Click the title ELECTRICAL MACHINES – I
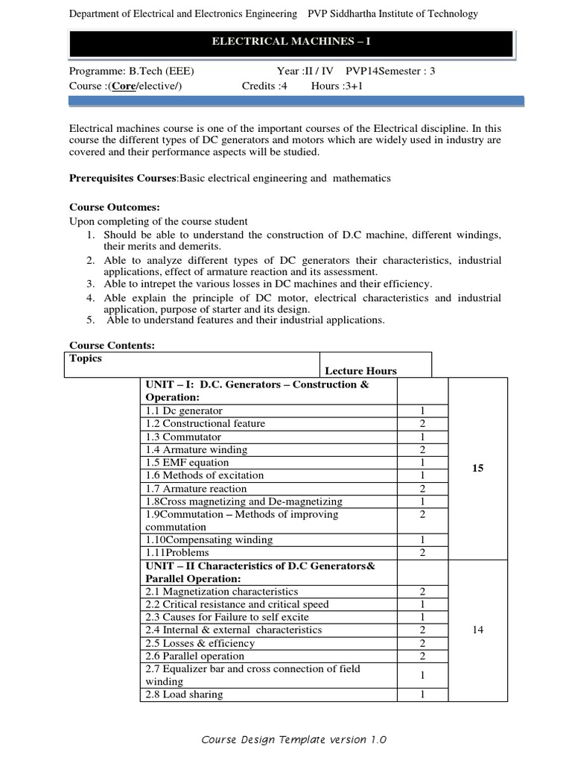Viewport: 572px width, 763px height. (290, 43)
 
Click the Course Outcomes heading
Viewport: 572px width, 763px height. (115, 207)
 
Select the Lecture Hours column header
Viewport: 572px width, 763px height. (360, 370)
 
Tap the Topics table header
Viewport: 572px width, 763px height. (86, 358)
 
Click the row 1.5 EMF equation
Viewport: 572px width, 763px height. (182, 463)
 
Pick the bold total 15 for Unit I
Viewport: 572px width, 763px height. (477, 469)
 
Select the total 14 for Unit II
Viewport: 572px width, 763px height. (477, 630)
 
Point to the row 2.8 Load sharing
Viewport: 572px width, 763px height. (184, 694)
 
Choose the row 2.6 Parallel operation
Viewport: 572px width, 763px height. (194, 656)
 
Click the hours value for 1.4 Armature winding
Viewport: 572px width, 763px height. (422, 450)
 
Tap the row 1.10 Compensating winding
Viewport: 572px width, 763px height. (209, 539)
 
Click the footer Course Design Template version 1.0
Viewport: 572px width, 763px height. (294, 740)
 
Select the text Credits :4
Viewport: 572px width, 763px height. (264, 86)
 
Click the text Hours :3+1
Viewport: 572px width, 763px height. (337, 86)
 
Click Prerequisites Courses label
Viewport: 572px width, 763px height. (123, 178)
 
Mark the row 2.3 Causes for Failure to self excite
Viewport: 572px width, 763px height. (226, 617)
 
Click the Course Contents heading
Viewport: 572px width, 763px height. (112, 346)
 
